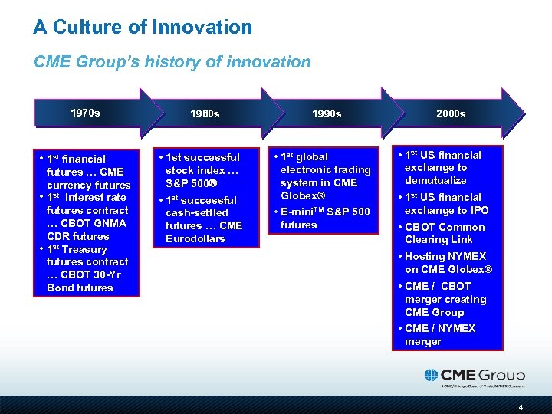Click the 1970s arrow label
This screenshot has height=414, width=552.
coord(84,113)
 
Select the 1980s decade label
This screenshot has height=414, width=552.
coord(205,113)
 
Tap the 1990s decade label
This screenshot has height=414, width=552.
coord(327,113)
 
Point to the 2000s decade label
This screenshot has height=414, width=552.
coord(450,113)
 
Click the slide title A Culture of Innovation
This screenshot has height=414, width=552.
coord(143,28)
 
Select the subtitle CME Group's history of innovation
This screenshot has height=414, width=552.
coord(172,62)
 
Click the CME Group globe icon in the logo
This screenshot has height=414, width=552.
coord(432,375)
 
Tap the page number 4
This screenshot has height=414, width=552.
coord(521,406)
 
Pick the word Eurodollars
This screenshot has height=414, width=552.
coord(196,238)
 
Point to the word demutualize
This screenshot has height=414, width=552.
coord(435,180)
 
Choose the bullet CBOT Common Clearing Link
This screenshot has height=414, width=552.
coord(445,233)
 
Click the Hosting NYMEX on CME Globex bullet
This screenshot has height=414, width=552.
coord(448,263)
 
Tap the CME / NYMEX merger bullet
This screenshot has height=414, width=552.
coord(440,334)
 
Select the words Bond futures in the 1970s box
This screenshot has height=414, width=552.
coord(80,287)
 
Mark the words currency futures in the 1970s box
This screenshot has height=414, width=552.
coord(88,185)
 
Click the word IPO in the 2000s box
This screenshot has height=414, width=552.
coord(478,210)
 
